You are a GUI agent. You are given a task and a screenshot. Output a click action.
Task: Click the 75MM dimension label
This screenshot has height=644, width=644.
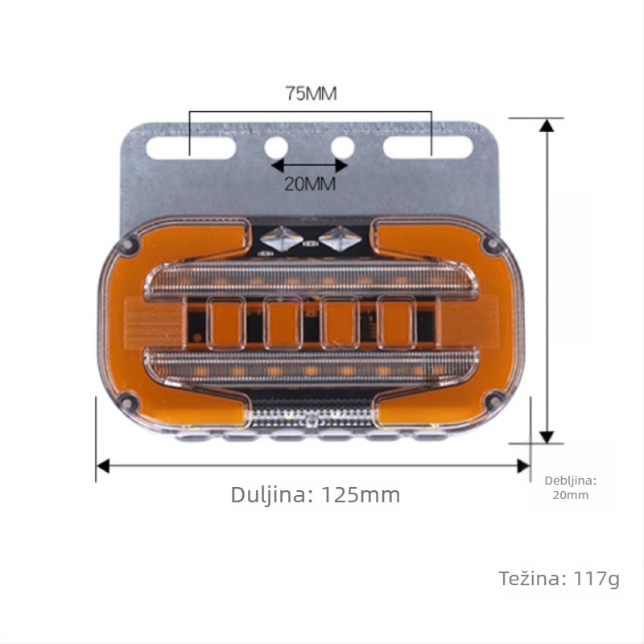pyautogui.click(x=312, y=93)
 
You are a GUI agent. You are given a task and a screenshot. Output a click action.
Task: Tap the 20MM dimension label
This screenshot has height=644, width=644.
pyautogui.click(x=311, y=184)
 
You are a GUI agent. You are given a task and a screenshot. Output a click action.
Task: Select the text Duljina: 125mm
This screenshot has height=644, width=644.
pyautogui.click(x=316, y=494)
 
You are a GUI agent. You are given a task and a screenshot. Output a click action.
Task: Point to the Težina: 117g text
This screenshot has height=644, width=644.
pyautogui.click(x=559, y=579)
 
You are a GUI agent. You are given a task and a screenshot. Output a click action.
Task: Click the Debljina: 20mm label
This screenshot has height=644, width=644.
pyautogui.click(x=571, y=488)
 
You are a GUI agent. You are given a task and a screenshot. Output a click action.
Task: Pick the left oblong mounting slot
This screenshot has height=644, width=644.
pyautogui.click(x=191, y=148)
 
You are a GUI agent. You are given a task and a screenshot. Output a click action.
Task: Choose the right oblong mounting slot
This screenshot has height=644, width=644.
pyautogui.click(x=428, y=148)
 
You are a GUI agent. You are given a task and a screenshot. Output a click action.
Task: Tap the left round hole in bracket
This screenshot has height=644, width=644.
pyautogui.click(x=276, y=148)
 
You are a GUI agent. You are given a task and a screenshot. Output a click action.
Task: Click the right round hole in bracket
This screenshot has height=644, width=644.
pyautogui.click(x=343, y=148)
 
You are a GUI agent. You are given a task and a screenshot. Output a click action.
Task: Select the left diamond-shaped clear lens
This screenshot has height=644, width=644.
pyautogui.click(x=282, y=238)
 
